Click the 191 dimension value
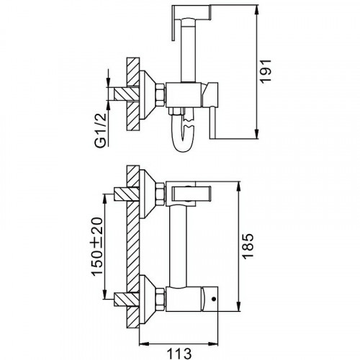click(266, 71)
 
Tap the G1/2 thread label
click(101, 130)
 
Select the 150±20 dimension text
click(97, 246)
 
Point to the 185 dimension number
click(248, 246)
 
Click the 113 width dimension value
click(179, 354)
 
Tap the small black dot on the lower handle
click(214, 299)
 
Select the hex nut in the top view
click(161, 94)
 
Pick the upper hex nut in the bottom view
click(161, 194)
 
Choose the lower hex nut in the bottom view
click(161, 299)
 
